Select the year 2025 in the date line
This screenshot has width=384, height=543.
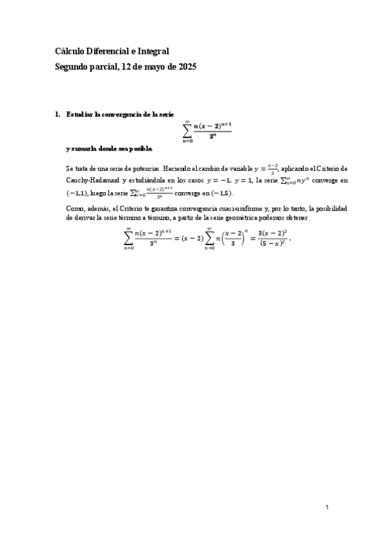[187, 67]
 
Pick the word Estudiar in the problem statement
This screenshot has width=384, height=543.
[79, 115]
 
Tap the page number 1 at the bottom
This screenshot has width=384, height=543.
[326, 507]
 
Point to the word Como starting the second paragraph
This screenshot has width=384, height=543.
[74, 209]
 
